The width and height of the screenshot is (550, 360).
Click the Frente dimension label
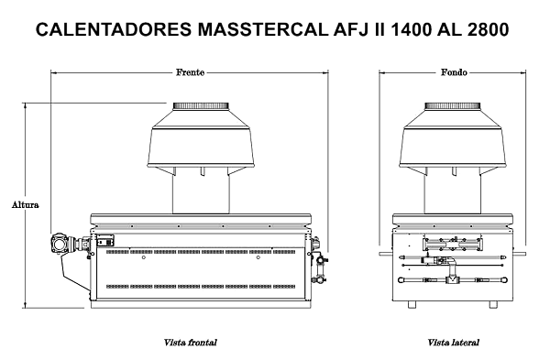tap(190, 71)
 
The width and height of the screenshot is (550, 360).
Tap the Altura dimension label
tap(25, 205)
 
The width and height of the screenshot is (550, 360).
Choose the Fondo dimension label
tap(453, 71)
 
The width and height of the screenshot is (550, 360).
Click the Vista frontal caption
tap(190, 343)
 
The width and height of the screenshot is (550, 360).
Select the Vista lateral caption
tap(453, 343)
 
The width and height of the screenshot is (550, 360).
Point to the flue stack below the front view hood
tap(200, 193)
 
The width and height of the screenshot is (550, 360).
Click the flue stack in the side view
tap(453, 193)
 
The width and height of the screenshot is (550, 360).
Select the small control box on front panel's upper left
tap(104, 243)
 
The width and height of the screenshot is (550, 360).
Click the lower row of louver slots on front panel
tap(200, 287)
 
